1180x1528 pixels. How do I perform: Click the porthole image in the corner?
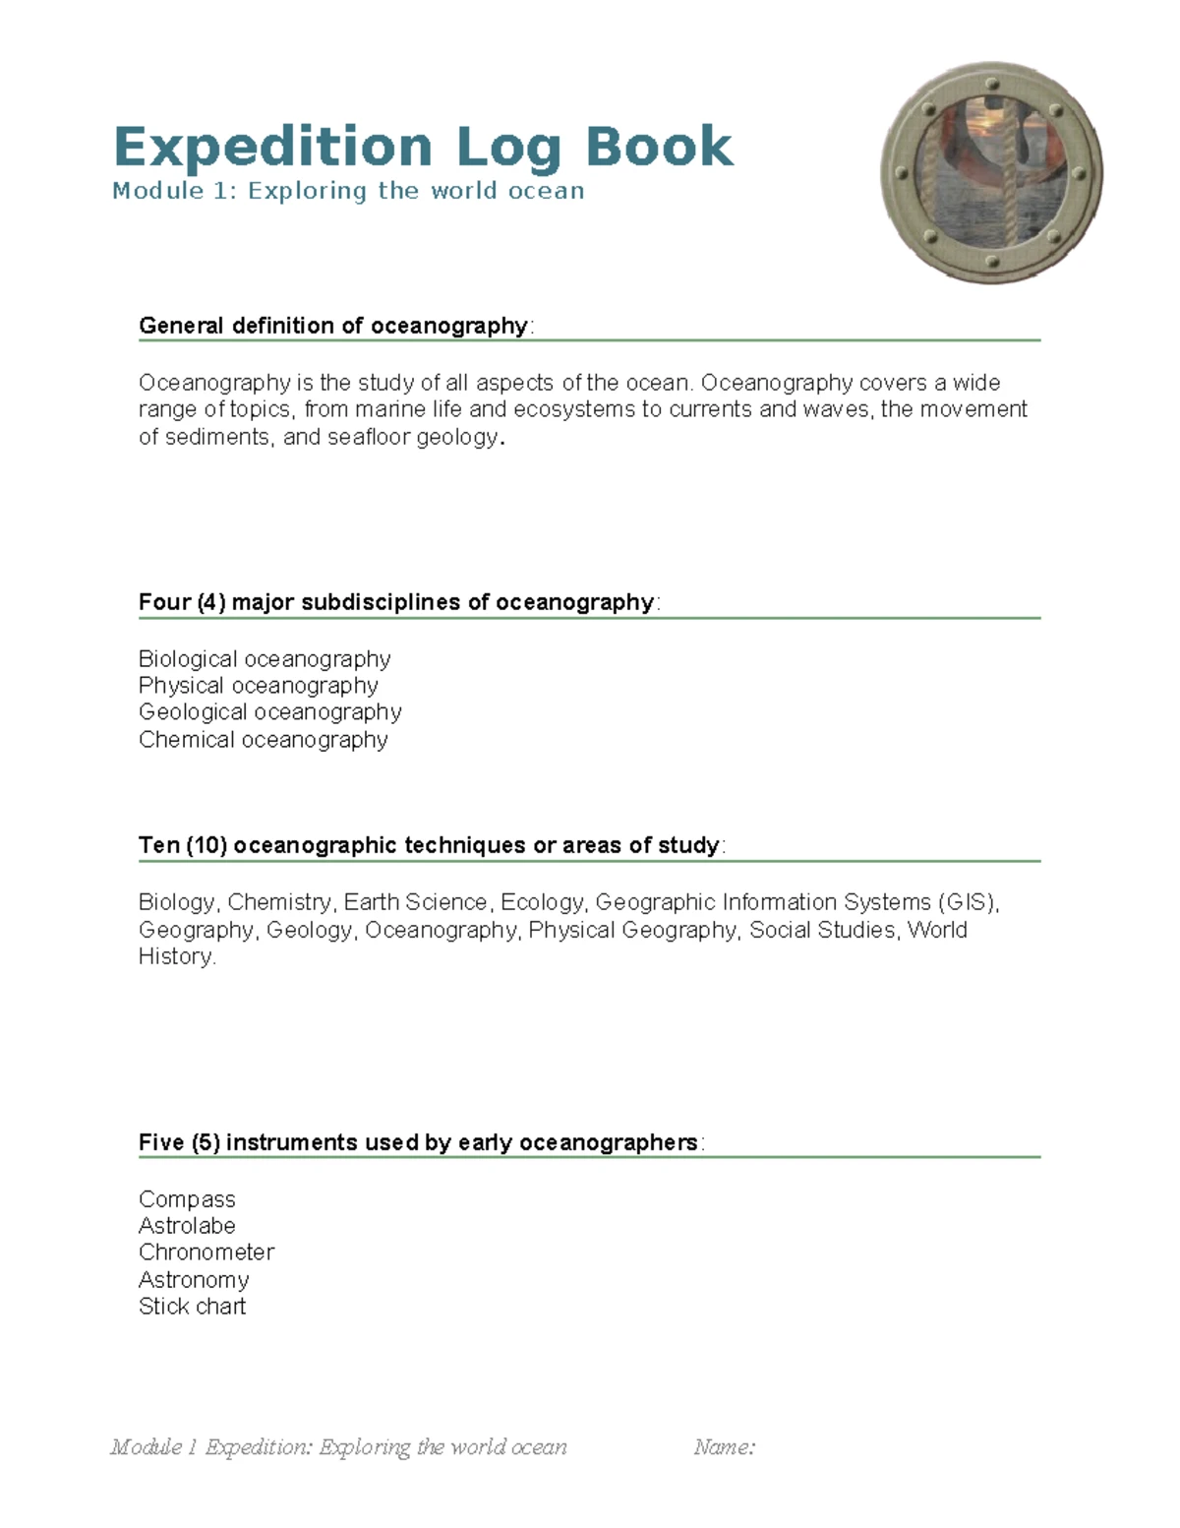click(991, 173)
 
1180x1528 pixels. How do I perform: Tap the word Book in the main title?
click(659, 147)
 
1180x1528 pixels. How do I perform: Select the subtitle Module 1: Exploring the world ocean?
click(348, 191)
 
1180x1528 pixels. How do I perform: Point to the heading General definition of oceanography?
click(333, 326)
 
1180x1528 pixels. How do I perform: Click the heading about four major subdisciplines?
click(396, 602)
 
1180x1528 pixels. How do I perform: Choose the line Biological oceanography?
click(265, 659)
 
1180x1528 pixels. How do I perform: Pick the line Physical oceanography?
click(258, 686)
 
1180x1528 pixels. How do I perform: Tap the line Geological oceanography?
click(269, 712)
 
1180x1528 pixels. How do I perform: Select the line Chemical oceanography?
click(263, 740)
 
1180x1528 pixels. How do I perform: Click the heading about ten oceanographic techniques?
click(429, 845)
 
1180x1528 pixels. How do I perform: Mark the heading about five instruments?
click(418, 1142)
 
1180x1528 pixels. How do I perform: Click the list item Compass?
click(187, 1199)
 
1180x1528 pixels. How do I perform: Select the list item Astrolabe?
click(187, 1226)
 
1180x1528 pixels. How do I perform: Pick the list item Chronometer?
click(206, 1253)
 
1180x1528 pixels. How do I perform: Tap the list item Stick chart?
click(192, 1307)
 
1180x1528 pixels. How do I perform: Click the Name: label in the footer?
click(724, 1446)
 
